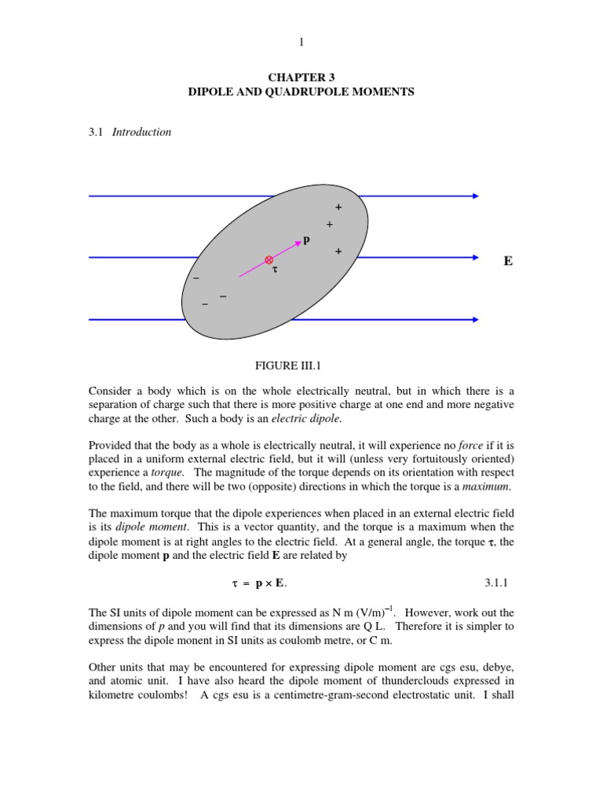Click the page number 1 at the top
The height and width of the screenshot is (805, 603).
click(x=301, y=41)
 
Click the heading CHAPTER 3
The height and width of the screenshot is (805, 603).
click(x=301, y=78)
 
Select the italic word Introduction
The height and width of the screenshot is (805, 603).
click(x=141, y=132)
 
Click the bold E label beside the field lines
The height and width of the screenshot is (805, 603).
click(x=508, y=260)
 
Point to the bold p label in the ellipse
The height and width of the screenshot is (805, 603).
click(x=306, y=240)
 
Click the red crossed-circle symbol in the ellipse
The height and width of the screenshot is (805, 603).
click(x=269, y=259)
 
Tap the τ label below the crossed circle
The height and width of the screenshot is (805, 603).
click(x=275, y=269)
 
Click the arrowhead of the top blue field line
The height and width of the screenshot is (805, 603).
click(x=475, y=196)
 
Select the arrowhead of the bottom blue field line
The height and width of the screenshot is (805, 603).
click(x=475, y=319)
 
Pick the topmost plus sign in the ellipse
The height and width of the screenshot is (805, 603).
click(x=338, y=208)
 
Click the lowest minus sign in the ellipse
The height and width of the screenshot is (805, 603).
click(x=205, y=304)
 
